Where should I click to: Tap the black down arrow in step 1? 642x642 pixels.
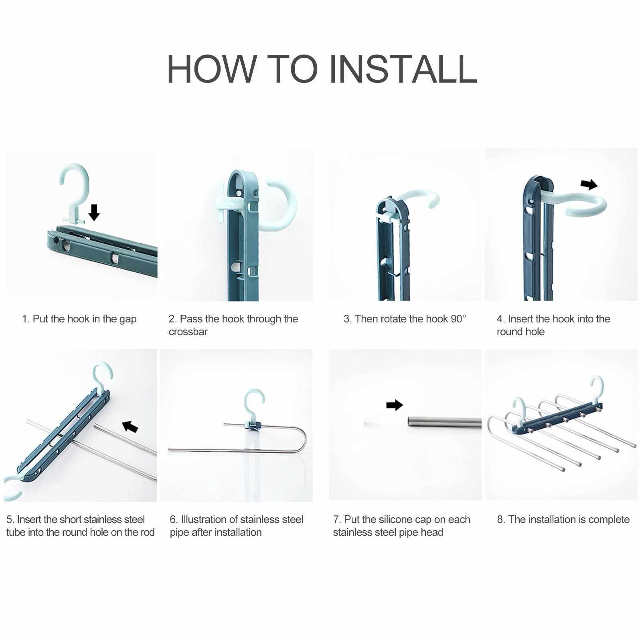94,212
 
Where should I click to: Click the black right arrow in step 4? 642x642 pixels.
589,184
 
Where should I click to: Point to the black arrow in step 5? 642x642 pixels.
130,426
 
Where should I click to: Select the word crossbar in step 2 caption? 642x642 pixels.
188,332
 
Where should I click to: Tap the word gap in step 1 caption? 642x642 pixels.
128,320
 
